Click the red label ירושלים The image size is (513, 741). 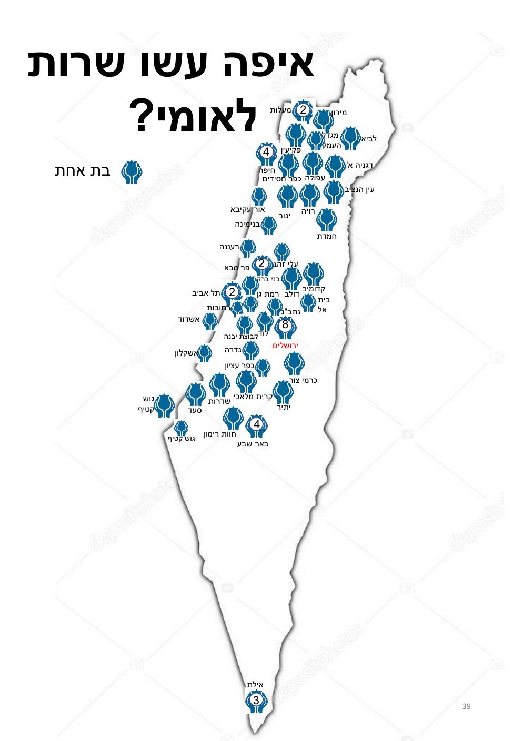pos(285,346)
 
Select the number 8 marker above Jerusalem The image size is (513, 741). pos(285,324)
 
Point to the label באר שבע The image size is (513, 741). pos(253,444)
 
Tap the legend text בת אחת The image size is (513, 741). pos(82,171)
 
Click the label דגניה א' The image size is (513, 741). pos(359,165)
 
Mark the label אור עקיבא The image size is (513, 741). pos(247,209)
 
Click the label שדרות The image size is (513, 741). pos(219,401)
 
